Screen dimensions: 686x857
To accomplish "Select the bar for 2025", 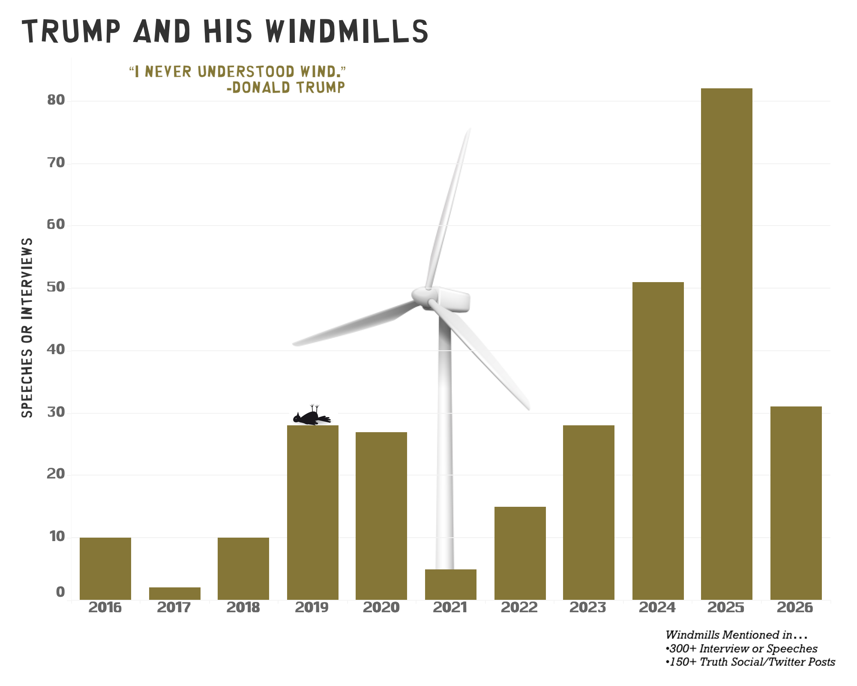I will coord(726,343).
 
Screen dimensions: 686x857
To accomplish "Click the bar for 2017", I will coord(174,593).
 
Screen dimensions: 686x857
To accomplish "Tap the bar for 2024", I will coord(658,442).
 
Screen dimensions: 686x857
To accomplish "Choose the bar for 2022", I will coord(520,553).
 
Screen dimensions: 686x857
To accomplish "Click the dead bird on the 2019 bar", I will coord(311,417).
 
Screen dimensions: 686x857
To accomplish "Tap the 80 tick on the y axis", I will coord(56,101).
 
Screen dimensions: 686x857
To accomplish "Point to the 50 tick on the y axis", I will coord(56,288).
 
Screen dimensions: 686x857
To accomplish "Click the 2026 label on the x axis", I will coord(795,608).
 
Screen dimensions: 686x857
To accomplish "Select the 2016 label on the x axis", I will coord(105,608).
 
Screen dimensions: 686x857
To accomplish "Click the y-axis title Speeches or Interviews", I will coord(27,328).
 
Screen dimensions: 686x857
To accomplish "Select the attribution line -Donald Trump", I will coord(286,88).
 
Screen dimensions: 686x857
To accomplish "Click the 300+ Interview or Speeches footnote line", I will coord(741,649).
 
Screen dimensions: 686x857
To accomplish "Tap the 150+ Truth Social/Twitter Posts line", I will coord(750,662).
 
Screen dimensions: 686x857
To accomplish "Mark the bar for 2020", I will coord(381,514).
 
